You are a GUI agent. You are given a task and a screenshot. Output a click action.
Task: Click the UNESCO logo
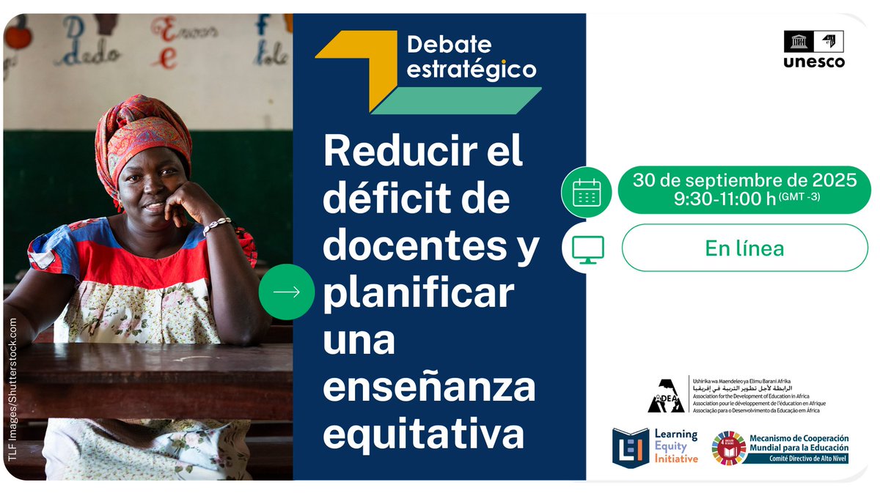(813, 49)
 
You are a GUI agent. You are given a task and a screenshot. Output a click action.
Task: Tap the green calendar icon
(586, 192)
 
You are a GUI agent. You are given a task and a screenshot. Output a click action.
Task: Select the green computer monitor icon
(586, 248)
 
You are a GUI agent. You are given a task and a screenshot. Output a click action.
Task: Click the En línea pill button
(744, 248)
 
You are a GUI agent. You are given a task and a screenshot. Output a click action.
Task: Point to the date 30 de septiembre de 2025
(744, 179)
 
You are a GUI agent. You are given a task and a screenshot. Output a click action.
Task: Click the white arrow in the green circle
(286, 292)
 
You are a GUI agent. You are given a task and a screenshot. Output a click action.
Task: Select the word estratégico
(472, 70)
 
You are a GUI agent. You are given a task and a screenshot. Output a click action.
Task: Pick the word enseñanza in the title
(429, 388)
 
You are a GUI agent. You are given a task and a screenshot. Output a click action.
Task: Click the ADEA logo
(666, 396)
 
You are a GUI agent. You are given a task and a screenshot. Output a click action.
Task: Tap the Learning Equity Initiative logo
(655, 447)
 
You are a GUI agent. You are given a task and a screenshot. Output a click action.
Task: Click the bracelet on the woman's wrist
(217, 224)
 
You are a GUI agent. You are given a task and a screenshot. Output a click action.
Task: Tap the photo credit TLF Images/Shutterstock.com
(12, 388)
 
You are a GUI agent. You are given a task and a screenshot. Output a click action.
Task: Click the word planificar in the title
(419, 294)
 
